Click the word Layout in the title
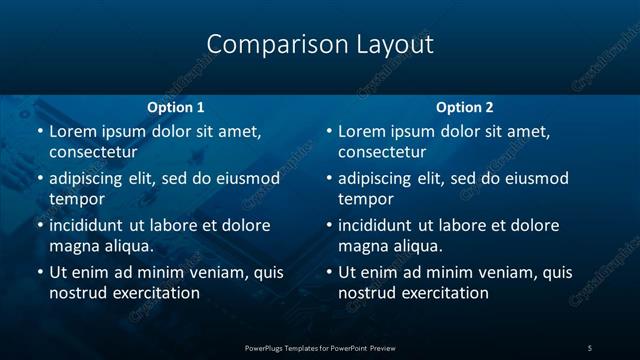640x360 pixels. click(x=395, y=45)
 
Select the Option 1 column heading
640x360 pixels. click(x=176, y=107)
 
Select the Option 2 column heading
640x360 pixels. click(x=465, y=107)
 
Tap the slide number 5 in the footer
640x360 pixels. click(x=590, y=347)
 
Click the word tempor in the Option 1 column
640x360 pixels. click(x=76, y=199)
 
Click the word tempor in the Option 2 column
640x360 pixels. click(x=365, y=199)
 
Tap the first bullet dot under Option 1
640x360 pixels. click(x=39, y=132)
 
